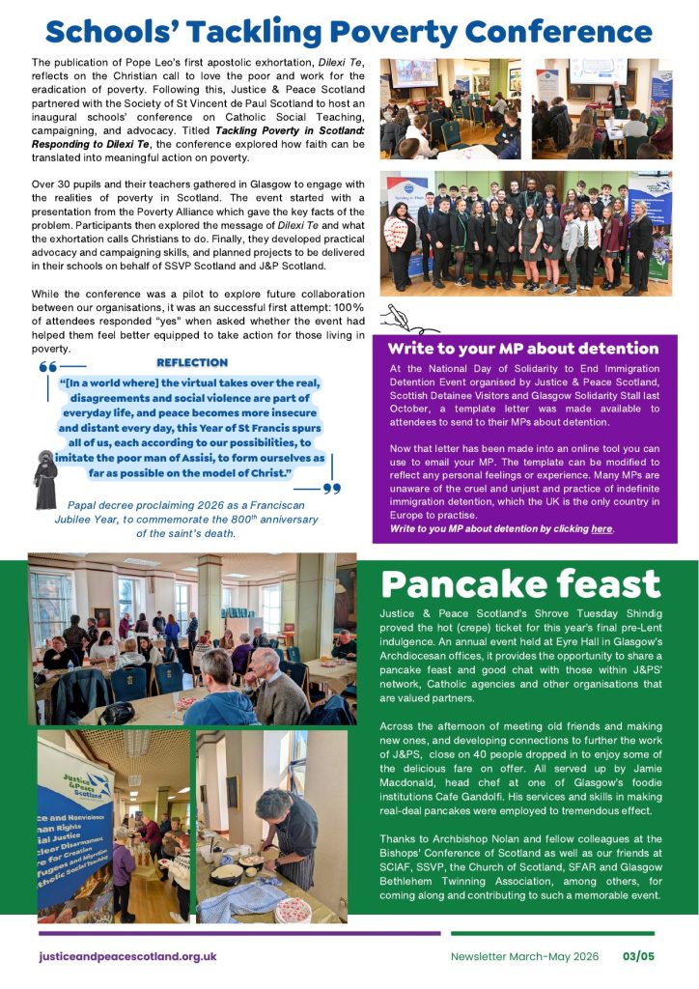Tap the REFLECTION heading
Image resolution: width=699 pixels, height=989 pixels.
tap(192, 362)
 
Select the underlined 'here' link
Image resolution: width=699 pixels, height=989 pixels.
tap(601, 529)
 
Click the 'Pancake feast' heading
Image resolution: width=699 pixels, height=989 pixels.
tap(520, 583)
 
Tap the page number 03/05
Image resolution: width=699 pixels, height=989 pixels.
tap(638, 956)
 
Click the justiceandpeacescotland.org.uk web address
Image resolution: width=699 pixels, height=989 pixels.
tap(127, 956)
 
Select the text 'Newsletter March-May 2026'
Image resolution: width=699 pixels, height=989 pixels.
tap(524, 956)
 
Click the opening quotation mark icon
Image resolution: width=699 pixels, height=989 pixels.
tap(47, 368)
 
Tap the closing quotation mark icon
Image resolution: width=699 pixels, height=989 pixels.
tap(331, 489)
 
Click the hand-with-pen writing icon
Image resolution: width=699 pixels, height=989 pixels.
tap(398, 316)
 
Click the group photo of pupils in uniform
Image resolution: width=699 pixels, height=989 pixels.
tap(527, 232)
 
